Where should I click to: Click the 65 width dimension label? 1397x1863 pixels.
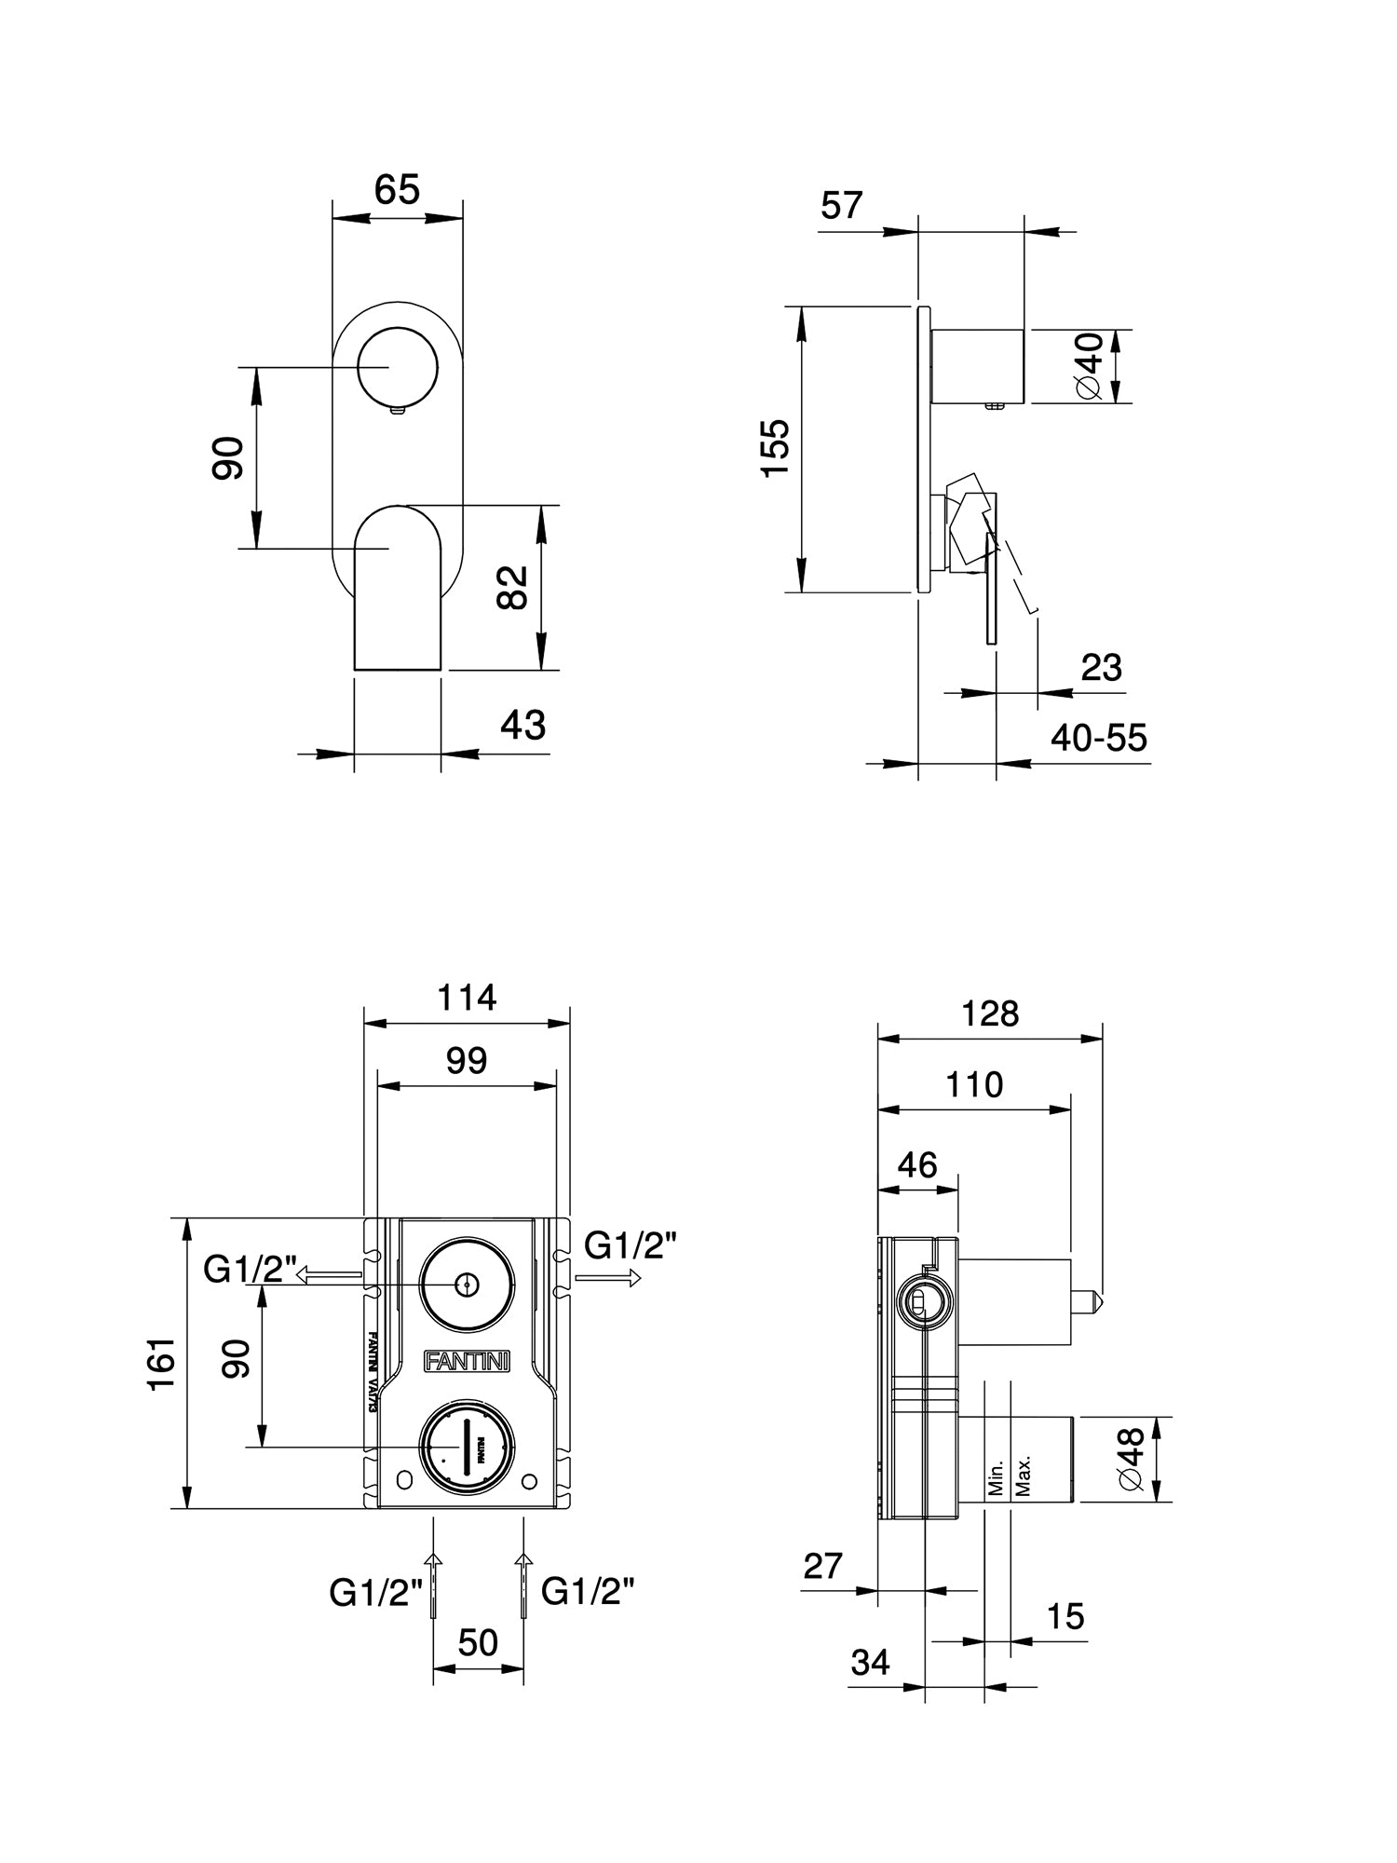(x=398, y=189)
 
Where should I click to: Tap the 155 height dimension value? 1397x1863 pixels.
(x=775, y=448)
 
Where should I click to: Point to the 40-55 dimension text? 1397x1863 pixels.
(x=1099, y=738)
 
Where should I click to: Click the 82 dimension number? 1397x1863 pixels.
(x=513, y=587)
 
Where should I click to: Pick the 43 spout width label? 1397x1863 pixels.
(x=522, y=725)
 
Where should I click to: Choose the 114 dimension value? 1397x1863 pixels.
(x=467, y=998)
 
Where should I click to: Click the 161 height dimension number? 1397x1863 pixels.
(x=161, y=1364)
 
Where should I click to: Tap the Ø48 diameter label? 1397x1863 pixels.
(x=1131, y=1460)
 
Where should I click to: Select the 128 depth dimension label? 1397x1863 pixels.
(x=990, y=1013)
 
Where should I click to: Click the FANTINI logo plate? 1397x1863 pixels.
(x=467, y=1361)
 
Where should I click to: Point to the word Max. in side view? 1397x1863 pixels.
(x=1024, y=1475)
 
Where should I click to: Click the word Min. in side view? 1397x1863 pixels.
(x=996, y=1477)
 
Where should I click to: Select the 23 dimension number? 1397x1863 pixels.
(x=1101, y=668)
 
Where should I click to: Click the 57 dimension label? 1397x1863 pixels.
(x=842, y=205)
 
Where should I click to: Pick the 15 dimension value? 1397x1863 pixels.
(x=1065, y=1616)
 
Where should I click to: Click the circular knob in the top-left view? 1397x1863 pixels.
(x=398, y=367)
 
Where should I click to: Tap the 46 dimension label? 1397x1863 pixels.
(x=917, y=1164)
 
